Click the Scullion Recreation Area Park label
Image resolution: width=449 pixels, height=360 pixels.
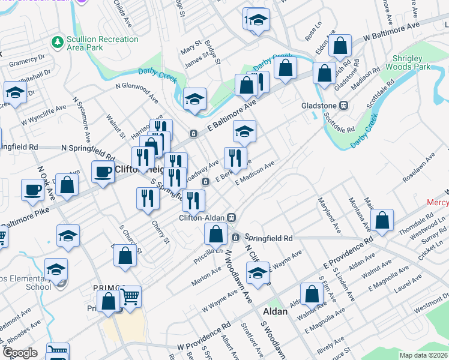(x=103, y=44)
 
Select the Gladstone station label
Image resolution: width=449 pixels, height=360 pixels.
(x=319, y=106)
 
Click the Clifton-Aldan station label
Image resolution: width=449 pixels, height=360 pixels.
(x=206, y=218)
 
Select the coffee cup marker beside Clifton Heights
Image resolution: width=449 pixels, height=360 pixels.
(x=102, y=172)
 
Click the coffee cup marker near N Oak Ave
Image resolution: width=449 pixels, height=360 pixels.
(x=32, y=190)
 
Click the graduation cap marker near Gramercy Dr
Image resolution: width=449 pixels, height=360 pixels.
(x=14, y=92)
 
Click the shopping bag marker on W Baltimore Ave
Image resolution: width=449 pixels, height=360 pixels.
(x=340, y=45)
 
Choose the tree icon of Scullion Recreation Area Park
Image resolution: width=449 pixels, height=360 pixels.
(x=58, y=42)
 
